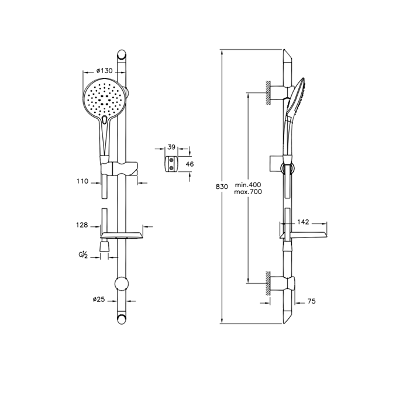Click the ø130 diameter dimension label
105,71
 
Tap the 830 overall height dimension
222,187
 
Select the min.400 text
248,185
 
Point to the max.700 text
248,192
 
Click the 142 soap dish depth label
303,222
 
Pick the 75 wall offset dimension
312,301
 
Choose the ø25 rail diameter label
98,299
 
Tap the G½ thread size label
83,256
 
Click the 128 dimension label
82,225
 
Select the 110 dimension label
82,181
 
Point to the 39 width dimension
171,147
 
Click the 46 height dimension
190,164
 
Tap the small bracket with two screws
171,164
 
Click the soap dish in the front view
122,235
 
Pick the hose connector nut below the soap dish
104,246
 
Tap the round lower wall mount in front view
122,284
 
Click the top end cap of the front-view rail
122,54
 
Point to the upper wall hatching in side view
268,92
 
